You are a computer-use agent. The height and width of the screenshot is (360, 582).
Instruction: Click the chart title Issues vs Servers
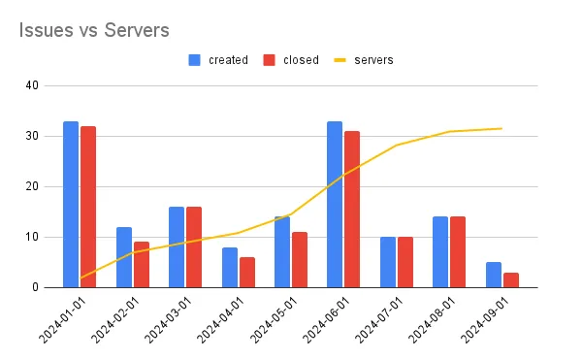(94, 30)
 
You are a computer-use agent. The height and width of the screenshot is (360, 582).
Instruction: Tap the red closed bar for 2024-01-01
(88, 207)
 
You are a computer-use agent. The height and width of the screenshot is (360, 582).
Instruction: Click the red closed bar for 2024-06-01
(352, 209)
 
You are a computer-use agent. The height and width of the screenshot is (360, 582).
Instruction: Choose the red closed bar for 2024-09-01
(510, 279)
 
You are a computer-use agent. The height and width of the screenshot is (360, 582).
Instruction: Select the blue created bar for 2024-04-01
(229, 267)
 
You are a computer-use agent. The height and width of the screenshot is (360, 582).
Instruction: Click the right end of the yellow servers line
(501, 128)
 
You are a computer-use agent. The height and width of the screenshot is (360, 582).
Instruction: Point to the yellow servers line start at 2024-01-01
(80, 278)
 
